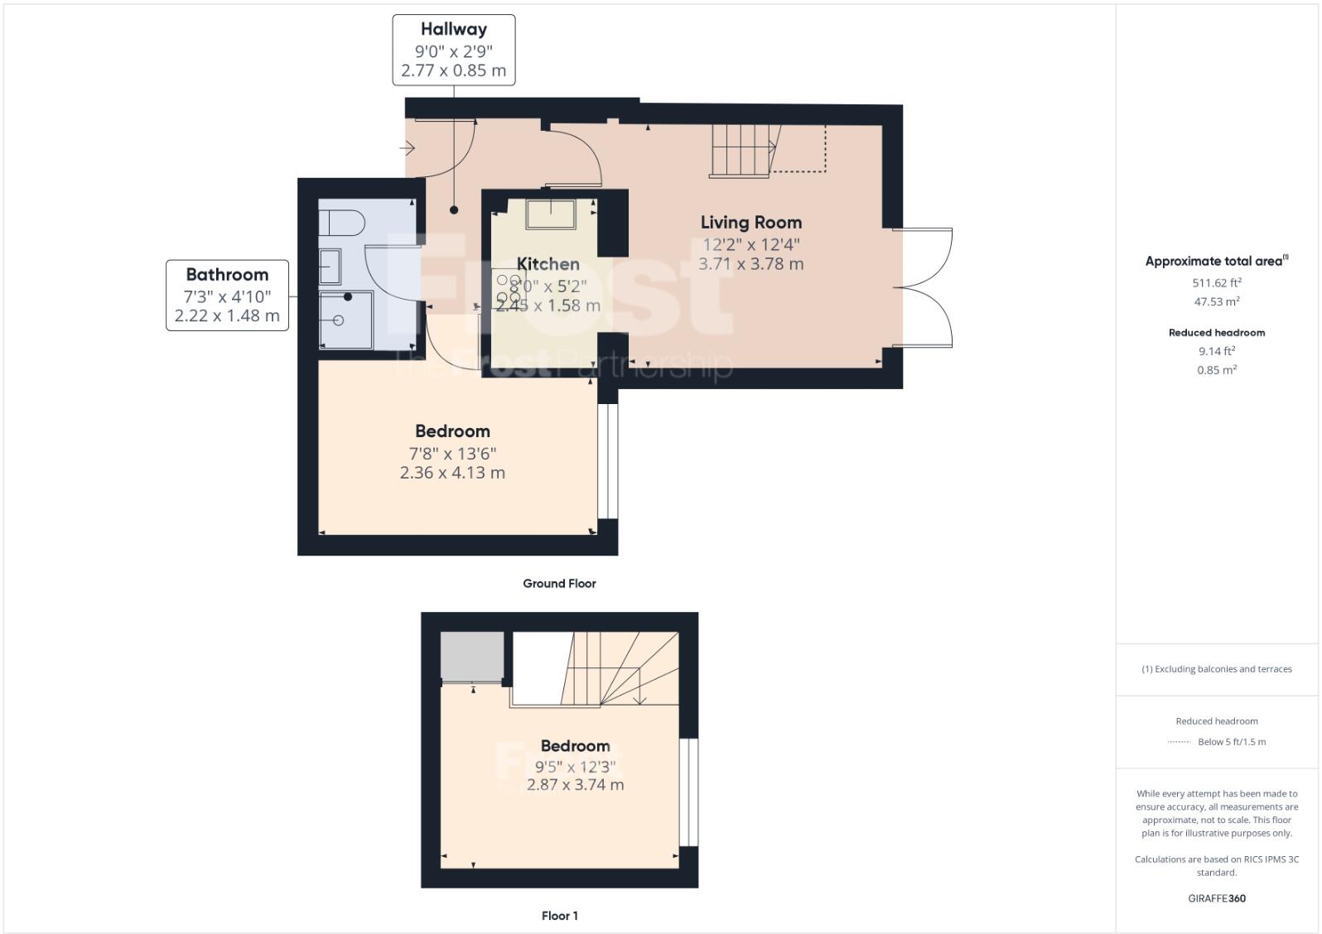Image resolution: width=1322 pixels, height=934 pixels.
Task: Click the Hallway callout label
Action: pos(453,30)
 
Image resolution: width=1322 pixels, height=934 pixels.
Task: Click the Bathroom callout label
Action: pos(227,275)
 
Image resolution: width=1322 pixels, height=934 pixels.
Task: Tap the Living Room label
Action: pos(750,222)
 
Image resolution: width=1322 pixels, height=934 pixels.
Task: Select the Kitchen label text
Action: pos(548,264)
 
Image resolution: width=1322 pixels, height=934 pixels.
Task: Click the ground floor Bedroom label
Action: pos(452,431)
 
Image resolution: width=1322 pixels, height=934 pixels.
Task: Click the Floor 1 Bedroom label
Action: pos(575,746)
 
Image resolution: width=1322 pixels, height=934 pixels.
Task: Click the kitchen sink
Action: pos(552,214)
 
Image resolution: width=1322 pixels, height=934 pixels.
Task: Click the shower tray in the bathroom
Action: pos(345,320)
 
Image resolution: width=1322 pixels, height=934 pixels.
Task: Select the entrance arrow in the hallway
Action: pos(407,148)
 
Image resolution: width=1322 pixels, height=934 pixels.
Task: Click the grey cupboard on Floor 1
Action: pos(471,657)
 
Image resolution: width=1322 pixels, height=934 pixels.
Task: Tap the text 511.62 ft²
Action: pos(1216,282)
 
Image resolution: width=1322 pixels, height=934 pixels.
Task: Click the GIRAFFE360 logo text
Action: pos(1216,898)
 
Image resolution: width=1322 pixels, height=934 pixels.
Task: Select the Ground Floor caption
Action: pos(559,584)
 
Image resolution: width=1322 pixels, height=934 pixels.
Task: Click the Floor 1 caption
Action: pos(559,916)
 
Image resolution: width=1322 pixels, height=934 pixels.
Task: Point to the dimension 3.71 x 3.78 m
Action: pos(750,264)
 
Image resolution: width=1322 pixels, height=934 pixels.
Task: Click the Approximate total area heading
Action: pos(1213,262)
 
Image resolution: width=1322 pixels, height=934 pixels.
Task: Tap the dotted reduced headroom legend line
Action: pos(1178,742)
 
